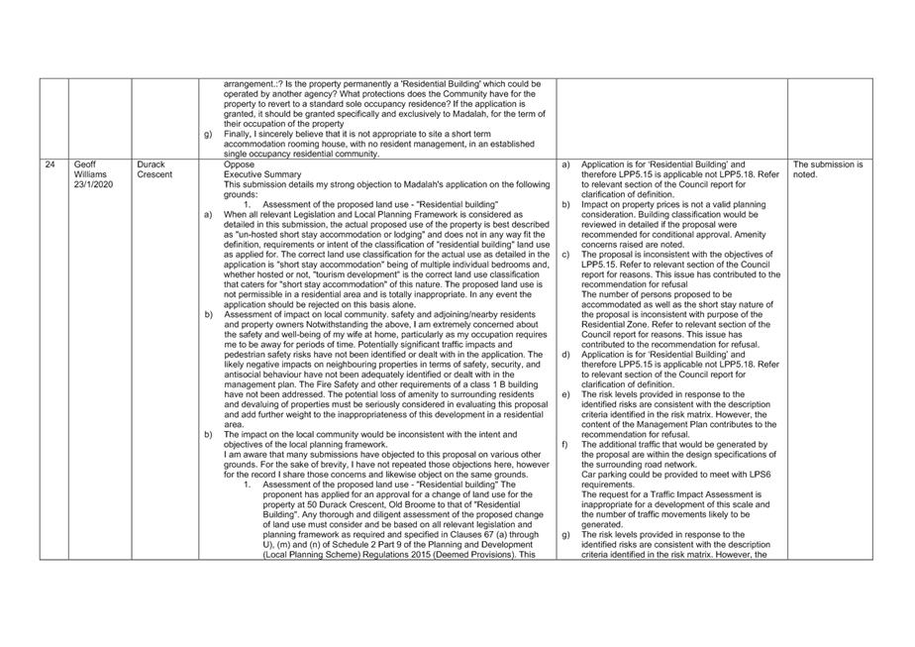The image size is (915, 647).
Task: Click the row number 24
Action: tap(50, 163)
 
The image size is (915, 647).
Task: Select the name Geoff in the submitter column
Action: tap(86, 163)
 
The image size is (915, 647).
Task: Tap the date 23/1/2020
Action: tap(94, 184)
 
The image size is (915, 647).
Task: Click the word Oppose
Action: tap(239, 163)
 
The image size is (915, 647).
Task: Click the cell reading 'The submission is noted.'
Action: tap(827, 168)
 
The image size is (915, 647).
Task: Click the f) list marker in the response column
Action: tap(565, 445)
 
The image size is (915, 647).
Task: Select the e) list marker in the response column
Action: tap(565, 394)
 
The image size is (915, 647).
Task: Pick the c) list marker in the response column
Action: tap(565, 254)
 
